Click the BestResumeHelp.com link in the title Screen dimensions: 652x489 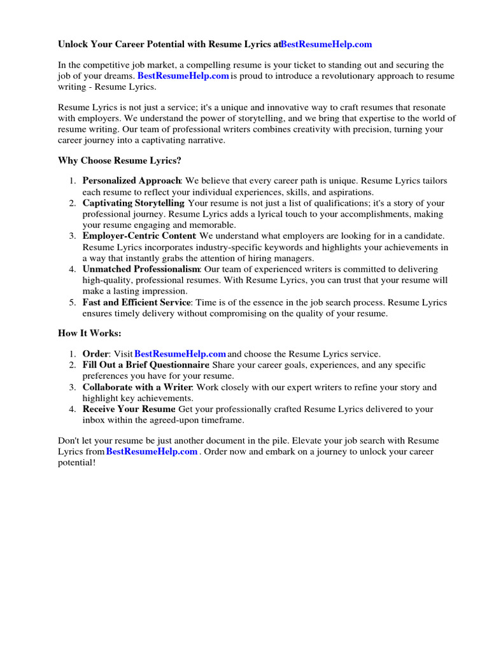pyautogui.click(x=327, y=45)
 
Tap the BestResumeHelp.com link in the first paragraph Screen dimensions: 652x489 pyautogui.click(x=183, y=76)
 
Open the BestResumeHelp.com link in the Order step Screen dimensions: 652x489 pyautogui.click(x=180, y=353)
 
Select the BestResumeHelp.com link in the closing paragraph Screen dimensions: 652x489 pyautogui.click(x=152, y=451)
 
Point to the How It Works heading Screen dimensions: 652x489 pyautogui.click(x=89, y=333)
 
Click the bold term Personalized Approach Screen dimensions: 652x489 pyautogui.click(x=132, y=181)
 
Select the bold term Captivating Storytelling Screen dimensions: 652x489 pyautogui.click(x=133, y=203)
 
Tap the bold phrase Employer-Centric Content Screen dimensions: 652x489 pyautogui.click(x=138, y=236)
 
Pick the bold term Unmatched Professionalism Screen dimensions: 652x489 pyautogui.click(x=141, y=269)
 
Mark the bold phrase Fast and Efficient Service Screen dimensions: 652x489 pyautogui.click(x=136, y=302)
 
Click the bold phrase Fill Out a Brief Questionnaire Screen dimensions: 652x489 pyautogui.click(x=146, y=365)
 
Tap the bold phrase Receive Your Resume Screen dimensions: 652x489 pyautogui.click(x=129, y=409)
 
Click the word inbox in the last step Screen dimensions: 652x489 pyautogui.click(x=94, y=420)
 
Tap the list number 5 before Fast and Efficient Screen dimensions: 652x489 pyautogui.click(x=73, y=302)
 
